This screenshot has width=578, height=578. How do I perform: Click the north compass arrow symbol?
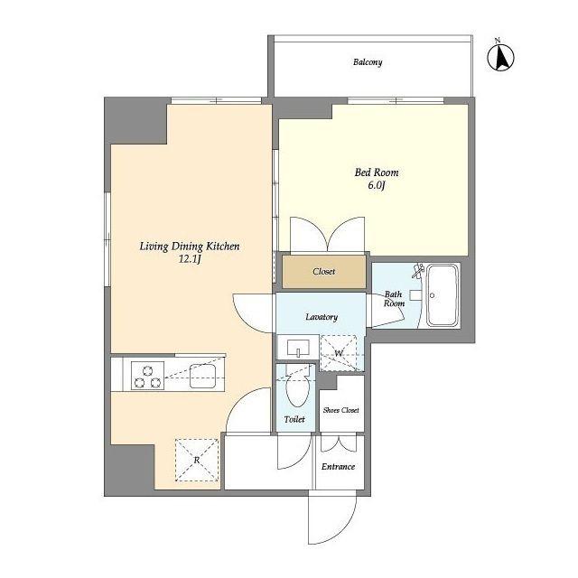click(500, 58)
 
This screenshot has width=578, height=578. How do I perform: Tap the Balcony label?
click(368, 62)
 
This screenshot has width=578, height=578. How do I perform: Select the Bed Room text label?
click(377, 172)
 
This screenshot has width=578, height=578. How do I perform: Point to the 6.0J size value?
click(377, 185)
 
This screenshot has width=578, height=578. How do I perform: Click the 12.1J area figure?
click(190, 259)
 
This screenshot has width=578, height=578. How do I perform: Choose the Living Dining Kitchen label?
click(190, 247)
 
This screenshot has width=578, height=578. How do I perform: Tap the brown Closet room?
click(324, 272)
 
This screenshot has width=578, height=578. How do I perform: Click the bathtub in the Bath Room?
click(443, 295)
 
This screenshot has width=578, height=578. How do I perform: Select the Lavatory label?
click(322, 317)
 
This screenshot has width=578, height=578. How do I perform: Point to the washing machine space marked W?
click(339, 353)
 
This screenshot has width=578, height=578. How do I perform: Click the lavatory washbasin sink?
click(298, 348)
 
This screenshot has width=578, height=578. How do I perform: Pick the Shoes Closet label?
click(341, 410)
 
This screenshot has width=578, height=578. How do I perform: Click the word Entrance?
click(338, 467)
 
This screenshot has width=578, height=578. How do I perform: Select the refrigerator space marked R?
click(197, 460)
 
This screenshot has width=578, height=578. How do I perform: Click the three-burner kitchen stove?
click(147, 376)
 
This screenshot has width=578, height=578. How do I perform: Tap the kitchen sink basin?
click(202, 376)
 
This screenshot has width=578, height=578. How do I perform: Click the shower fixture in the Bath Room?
click(419, 270)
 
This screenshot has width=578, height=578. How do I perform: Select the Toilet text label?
click(294, 419)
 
